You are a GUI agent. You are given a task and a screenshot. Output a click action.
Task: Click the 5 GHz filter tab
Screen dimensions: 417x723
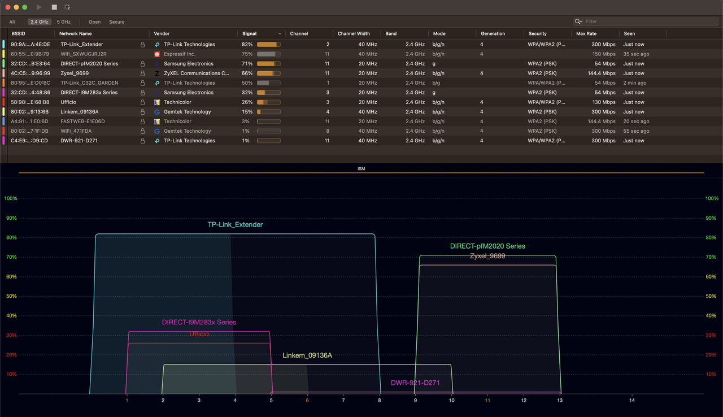tap(63, 22)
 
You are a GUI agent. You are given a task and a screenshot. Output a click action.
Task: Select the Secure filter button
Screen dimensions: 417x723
tap(116, 22)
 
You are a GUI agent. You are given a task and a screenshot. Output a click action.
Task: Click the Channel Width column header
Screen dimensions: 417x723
tap(354, 34)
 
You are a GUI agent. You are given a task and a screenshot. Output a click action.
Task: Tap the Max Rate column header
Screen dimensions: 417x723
tap(586, 34)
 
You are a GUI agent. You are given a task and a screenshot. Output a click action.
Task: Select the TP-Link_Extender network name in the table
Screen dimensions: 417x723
tap(82, 44)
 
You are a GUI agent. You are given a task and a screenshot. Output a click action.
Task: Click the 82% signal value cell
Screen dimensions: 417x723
tap(247, 44)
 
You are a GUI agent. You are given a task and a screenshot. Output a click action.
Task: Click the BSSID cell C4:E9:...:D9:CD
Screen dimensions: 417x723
tap(29, 141)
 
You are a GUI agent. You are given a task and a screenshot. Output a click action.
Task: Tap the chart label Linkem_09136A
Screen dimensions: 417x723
tap(307, 355)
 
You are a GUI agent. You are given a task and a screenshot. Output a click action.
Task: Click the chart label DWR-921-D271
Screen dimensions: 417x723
tap(415, 383)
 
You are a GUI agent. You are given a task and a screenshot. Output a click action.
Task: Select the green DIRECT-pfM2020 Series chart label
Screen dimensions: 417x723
tap(487, 246)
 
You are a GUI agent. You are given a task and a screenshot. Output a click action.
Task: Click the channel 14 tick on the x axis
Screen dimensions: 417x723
tap(631, 400)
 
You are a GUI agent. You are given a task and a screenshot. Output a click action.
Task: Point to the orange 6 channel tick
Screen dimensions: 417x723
tap(307, 400)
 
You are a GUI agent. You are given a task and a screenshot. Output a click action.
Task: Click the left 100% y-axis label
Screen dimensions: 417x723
tap(11, 199)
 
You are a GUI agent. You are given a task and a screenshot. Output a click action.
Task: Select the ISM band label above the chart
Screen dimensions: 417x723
tap(361, 169)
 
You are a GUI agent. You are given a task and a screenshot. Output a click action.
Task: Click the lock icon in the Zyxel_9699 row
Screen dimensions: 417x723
tap(142, 73)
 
